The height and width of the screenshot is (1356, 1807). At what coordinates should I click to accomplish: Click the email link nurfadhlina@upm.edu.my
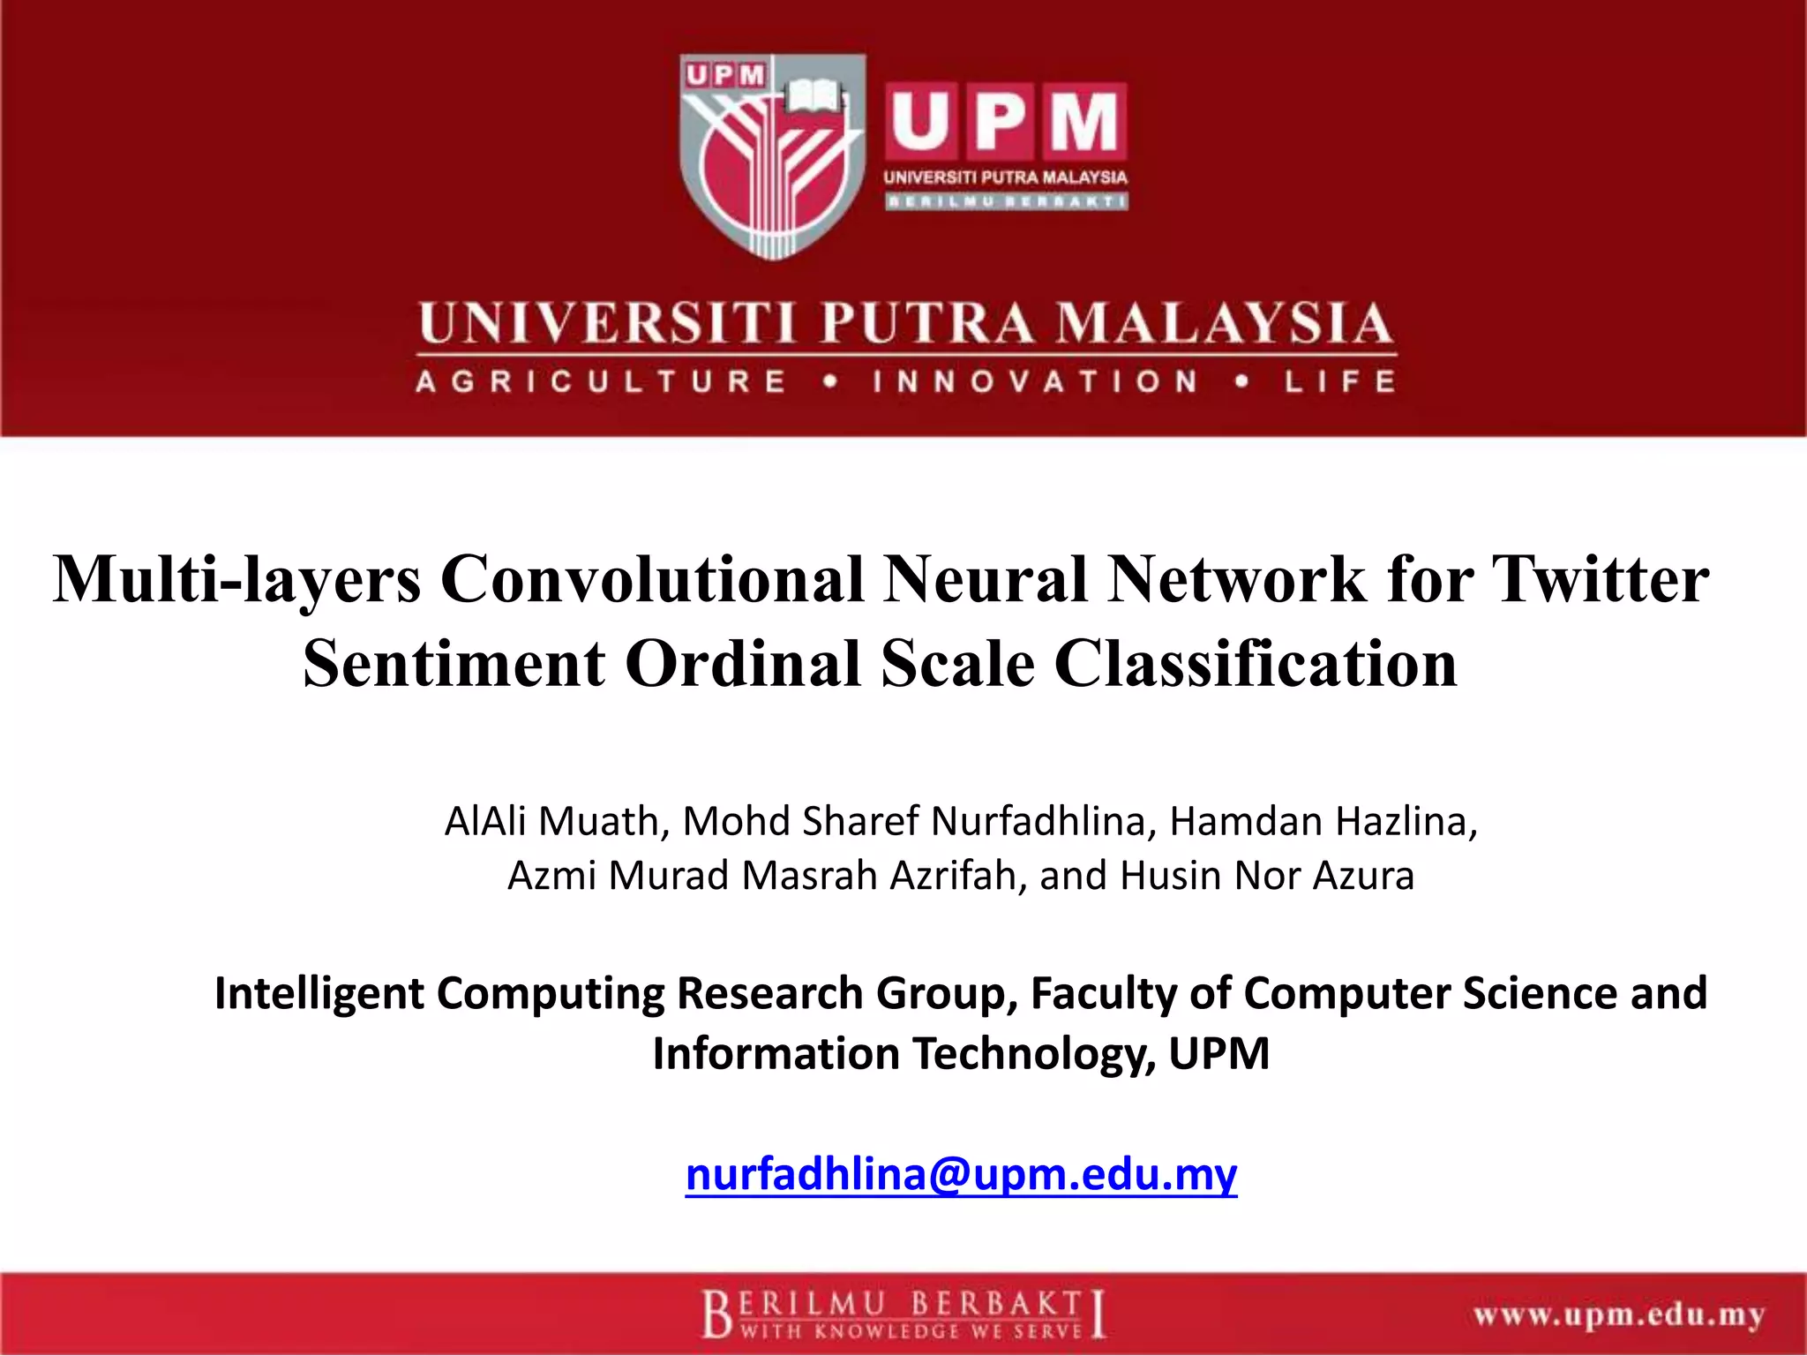pyautogui.click(x=961, y=1174)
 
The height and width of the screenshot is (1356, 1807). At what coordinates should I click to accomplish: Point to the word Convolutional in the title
pyautogui.click(x=653, y=579)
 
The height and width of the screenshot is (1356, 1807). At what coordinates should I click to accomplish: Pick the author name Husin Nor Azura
pyautogui.click(x=1267, y=876)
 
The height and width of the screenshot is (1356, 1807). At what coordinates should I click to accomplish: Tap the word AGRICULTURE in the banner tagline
pyautogui.click(x=601, y=382)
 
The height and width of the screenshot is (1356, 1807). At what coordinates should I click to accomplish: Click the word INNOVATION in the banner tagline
pyautogui.click(x=1036, y=382)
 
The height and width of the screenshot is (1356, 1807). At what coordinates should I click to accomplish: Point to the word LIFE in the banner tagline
pyautogui.click(x=1339, y=382)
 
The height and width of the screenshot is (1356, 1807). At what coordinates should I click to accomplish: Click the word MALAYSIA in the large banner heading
pyautogui.click(x=1226, y=323)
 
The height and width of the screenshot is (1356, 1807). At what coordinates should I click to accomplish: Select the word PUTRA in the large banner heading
pyautogui.click(x=926, y=323)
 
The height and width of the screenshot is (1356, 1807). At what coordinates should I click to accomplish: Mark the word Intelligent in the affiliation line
pyautogui.click(x=319, y=993)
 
